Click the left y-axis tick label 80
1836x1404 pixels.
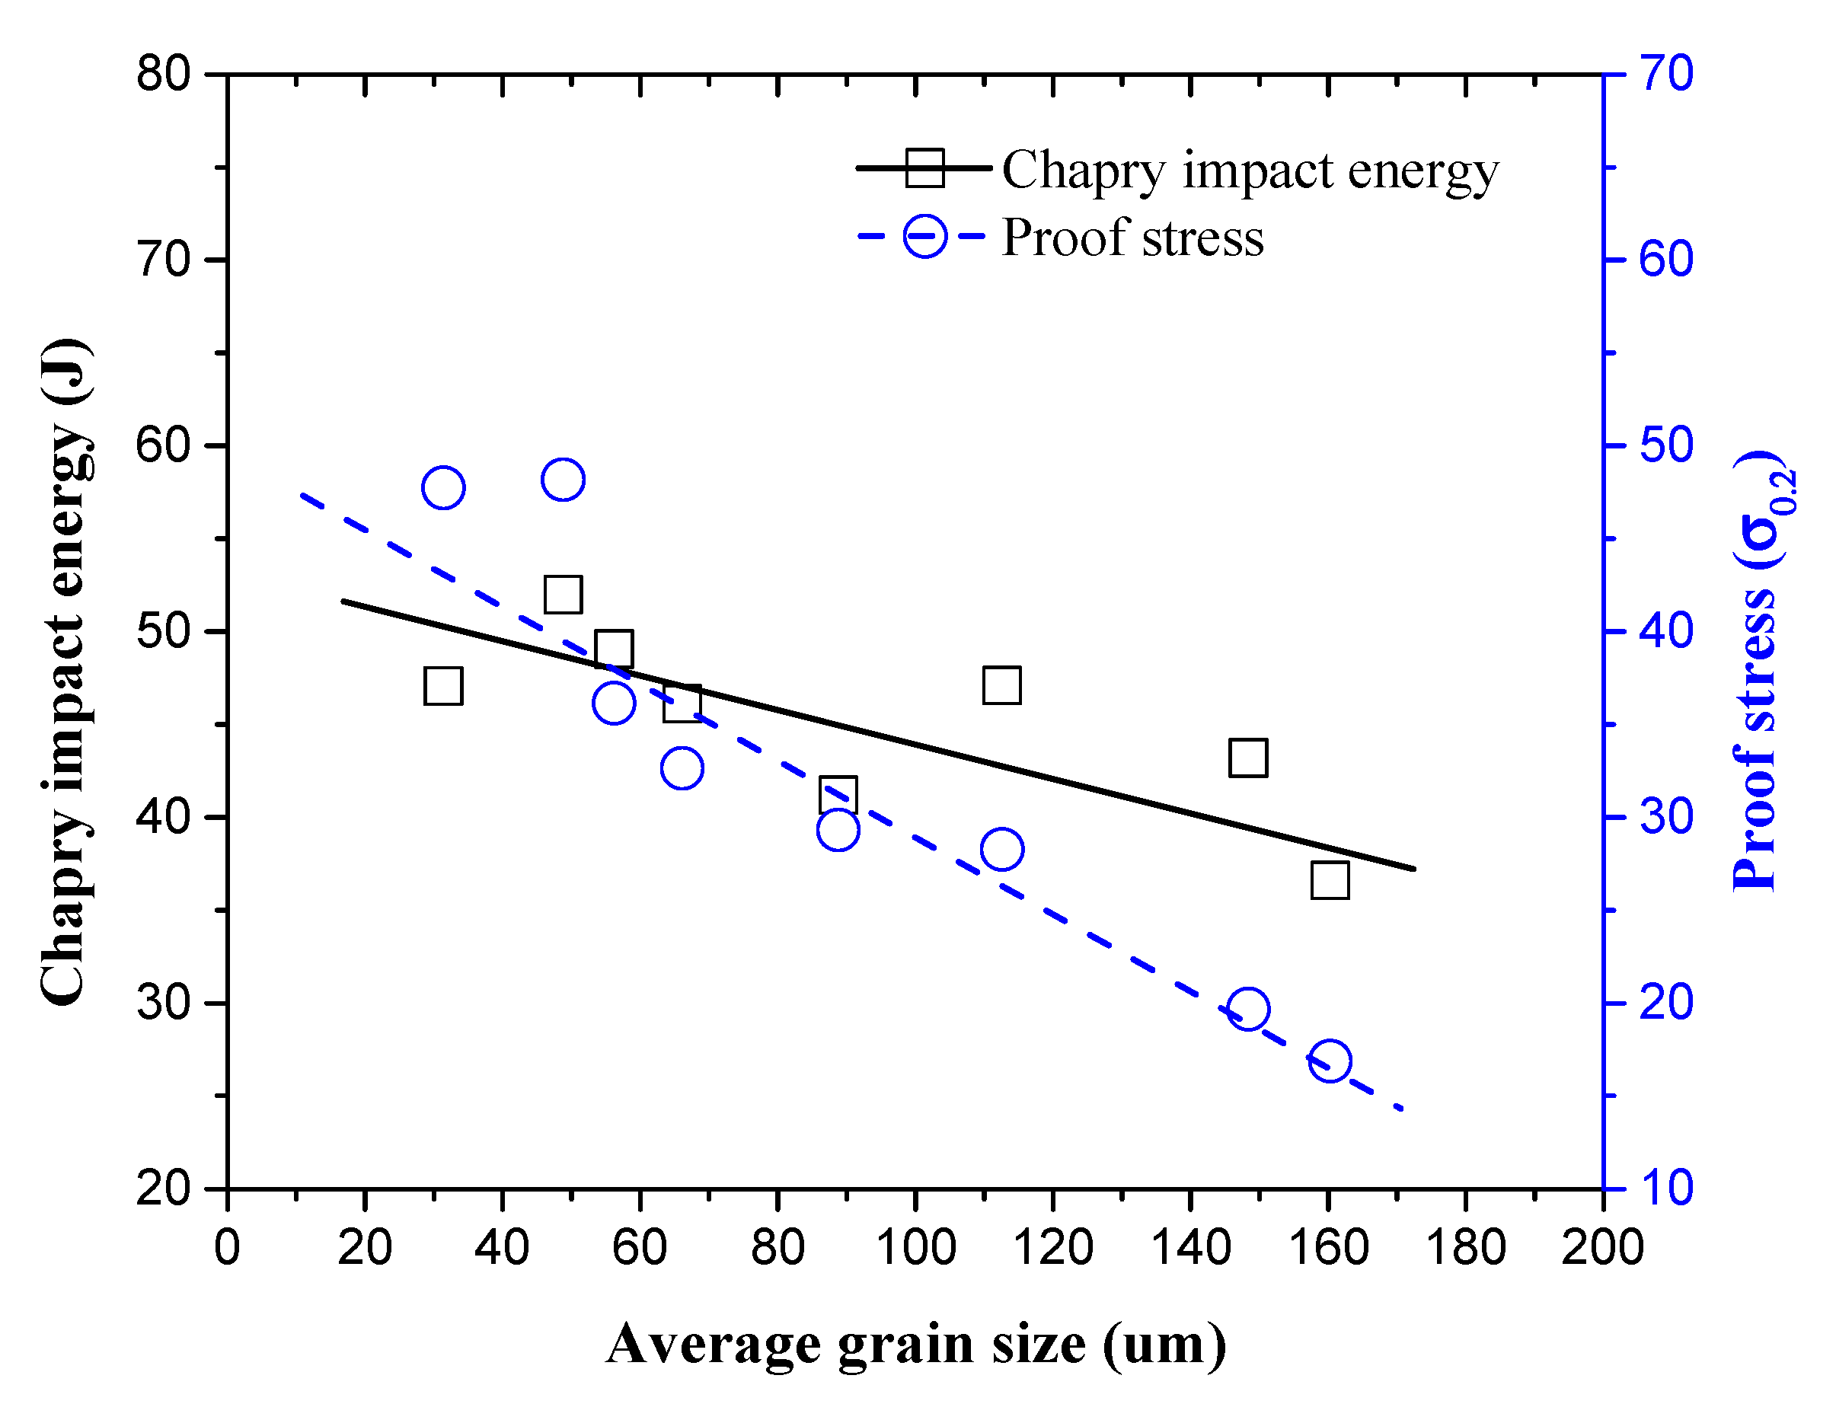[x=163, y=74]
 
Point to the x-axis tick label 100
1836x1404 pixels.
[x=915, y=1248]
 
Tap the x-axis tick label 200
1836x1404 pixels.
[x=1602, y=1248]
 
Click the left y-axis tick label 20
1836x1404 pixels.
[x=163, y=1188]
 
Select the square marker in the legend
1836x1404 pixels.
[x=924, y=168]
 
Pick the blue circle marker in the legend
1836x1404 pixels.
[x=924, y=236]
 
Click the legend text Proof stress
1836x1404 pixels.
[x=1132, y=238]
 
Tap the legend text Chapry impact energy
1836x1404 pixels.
[x=1250, y=171]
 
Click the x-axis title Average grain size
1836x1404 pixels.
[x=916, y=1344]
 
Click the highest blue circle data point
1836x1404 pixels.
[x=563, y=480]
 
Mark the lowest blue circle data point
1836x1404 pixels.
[x=1330, y=1061]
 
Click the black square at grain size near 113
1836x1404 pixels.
[x=1001, y=685]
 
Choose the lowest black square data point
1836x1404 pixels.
[x=1330, y=881]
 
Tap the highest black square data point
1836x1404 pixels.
[x=563, y=594]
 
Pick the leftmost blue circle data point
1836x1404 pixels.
[x=443, y=487]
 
